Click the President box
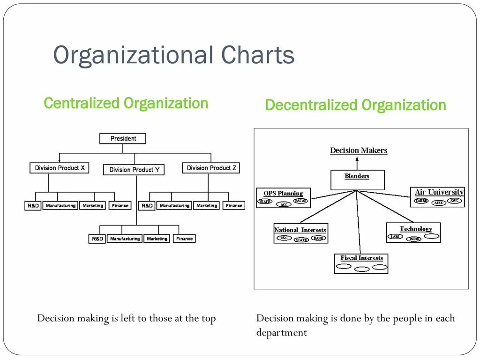pyautogui.click(x=123, y=138)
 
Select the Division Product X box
pyautogui.click(x=60, y=168)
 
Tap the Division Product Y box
pyautogui.click(x=134, y=170)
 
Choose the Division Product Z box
pyautogui.click(x=211, y=168)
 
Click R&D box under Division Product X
pyautogui.click(x=33, y=205)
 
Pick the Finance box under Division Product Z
pyautogui.click(x=234, y=205)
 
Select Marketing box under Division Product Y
pyautogui.click(x=157, y=239)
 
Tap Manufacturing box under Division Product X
pyautogui.click(x=60, y=205)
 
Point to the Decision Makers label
pyautogui.click(x=359, y=150)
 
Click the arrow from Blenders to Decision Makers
pyautogui.click(x=357, y=163)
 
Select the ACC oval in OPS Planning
pyautogui.click(x=283, y=204)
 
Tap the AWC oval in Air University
pyautogui.click(x=454, y=201)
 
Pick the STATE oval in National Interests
pyautogui.click(x=301, y=240)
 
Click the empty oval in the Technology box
pyautogui.click(x=432, y=236)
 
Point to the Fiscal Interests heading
pyautogui.click(x=361, y=258)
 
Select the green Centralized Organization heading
pyautogui.click(x=126, y=103)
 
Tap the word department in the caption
pyautogui.click(x=281, y=333)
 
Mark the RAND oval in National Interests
pyautogui.click(x=318, y=238)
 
